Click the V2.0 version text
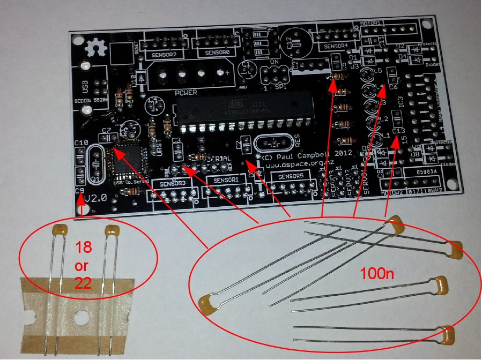(x=95, y=198)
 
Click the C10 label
(x=81, y=142)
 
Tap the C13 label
(x=399, y=131)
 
